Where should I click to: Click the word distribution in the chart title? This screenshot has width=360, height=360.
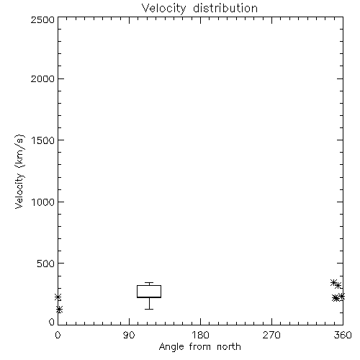click(225, 8)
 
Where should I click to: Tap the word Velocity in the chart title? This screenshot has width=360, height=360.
click(164, 9)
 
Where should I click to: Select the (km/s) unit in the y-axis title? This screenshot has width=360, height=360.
click(19, 150)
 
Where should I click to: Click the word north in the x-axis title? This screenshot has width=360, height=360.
click(229, 347)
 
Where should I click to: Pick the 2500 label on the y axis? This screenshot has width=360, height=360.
click(42, 19)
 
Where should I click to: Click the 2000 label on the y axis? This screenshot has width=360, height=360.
click(42, 78)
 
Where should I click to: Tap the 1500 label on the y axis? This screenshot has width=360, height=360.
click(43, 140)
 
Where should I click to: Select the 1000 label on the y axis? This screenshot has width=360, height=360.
click(43, 202)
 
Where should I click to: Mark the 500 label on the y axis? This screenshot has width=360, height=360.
click(45, 264)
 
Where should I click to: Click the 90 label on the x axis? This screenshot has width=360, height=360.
click(129, 335)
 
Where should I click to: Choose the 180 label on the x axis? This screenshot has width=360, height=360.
click(200, 335)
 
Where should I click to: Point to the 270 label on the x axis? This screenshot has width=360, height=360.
click(271, 335)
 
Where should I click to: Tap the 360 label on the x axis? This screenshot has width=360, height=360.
click(343, 335)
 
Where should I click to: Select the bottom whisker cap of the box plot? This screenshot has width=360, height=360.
click(149, 309)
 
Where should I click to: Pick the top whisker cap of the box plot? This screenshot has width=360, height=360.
click(149, 283)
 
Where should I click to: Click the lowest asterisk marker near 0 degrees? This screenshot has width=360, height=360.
click(59, 310)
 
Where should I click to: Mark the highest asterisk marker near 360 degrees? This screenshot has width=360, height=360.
click(333, 283)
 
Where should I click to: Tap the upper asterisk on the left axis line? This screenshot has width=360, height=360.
click(58, 297)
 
